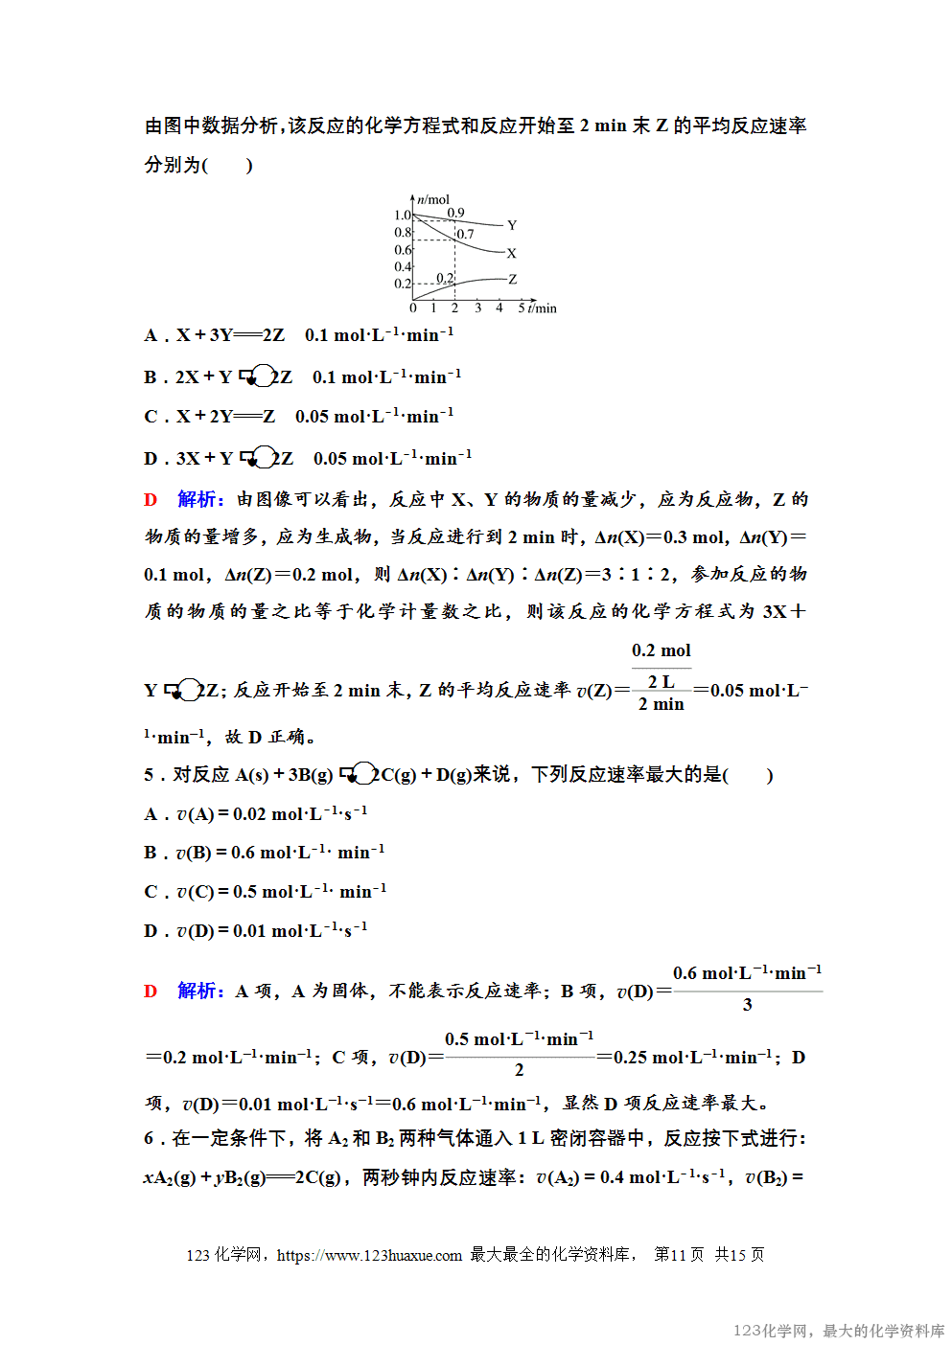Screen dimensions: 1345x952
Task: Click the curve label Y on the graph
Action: coord(512,225)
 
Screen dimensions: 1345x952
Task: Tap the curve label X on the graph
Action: coord(511,254)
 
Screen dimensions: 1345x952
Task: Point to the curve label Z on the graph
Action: coord(512,280)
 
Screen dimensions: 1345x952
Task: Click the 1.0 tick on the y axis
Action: coord(402,215)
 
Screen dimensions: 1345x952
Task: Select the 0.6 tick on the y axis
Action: coord(402,249)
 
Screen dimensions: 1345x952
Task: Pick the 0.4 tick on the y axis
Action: coord(402,266)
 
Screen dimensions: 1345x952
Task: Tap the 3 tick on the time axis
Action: coord(477,308)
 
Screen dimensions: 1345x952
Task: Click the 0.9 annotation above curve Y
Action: coord(455,213)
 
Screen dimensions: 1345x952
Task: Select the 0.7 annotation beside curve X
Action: coord(465,234)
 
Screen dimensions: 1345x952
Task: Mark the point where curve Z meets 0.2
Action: coord(454,283)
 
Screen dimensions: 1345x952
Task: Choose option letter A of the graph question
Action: coord(151,335)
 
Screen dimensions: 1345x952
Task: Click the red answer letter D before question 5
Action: coord(151,991)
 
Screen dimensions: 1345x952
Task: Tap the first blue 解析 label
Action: coord(199,499)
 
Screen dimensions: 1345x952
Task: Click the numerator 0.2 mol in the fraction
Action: coord(661,650)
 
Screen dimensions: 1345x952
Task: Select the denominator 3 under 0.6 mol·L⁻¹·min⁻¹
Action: coord(747,1005)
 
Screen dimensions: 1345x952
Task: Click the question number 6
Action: coord(149,1138)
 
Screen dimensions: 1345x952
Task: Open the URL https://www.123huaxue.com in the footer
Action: coord(369,1255)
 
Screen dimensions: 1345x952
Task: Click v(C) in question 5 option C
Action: coord(195,892)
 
